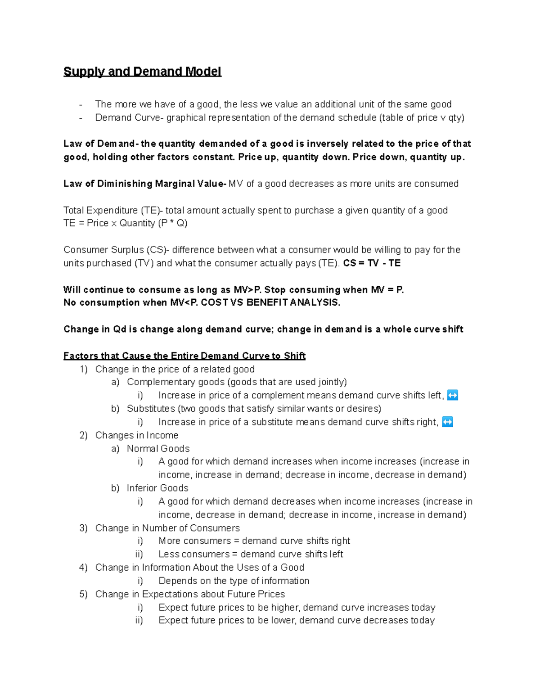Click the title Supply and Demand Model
coord(142,72)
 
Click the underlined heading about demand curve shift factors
coord(184,356)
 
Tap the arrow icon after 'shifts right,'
coord(447,422)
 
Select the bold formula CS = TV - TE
coord(372,263)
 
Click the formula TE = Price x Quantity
coord(126,223)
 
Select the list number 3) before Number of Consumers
coord(83,528)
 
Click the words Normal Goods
coord(158,449)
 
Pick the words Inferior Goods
coord(157,488)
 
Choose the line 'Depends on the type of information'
coord(234,581)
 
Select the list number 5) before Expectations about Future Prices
coord(83,594)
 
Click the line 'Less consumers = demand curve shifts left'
coord(251,555)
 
